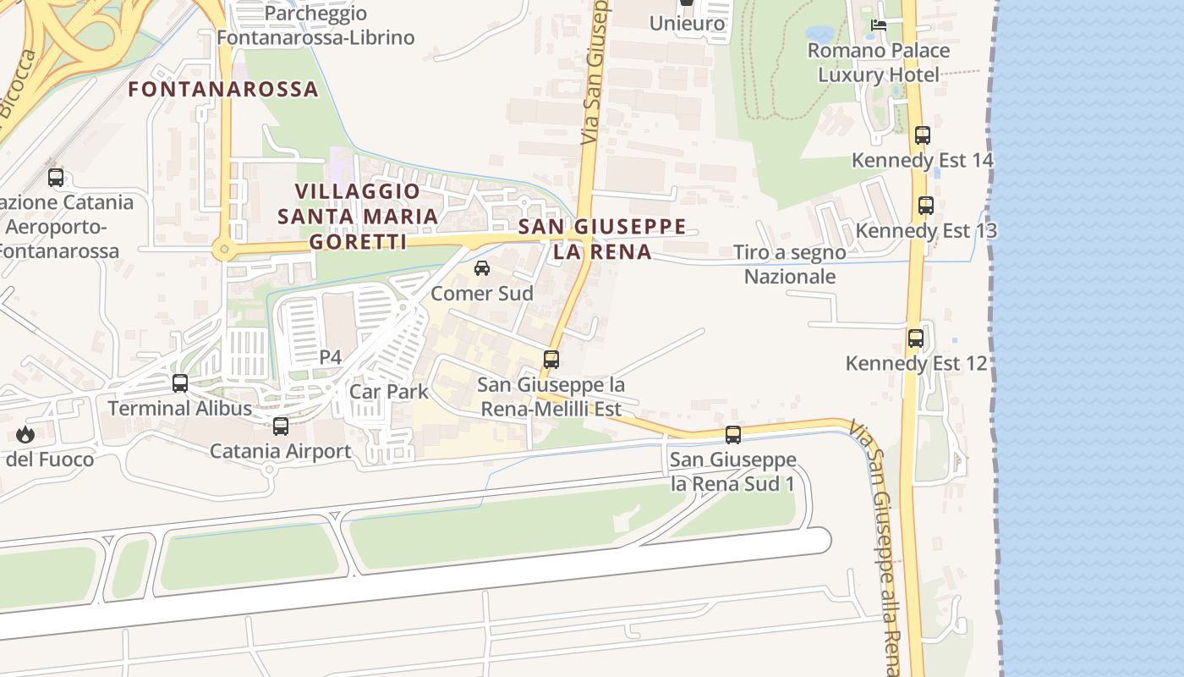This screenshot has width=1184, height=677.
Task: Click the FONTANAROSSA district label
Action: coord(223,89)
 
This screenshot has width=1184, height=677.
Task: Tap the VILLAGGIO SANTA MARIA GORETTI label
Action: coord(358,217)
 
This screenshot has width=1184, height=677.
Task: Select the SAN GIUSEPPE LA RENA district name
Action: coord(601,239)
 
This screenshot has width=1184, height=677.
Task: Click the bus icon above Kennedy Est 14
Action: coord(923,135)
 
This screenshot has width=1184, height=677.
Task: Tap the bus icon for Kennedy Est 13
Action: coord(926,206)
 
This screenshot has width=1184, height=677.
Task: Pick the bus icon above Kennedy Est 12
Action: coord(916,338)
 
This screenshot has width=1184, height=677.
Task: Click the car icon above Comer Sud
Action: coord(482,268)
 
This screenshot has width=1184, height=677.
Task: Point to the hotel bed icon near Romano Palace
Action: coord(879,25)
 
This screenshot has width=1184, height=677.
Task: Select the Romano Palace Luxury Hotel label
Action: coord(878,63)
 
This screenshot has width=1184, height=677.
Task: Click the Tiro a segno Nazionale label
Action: coord(789,264)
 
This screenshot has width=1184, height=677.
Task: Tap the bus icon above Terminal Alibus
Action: coord(180,383)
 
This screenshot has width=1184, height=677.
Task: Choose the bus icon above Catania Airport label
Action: coord(281,426)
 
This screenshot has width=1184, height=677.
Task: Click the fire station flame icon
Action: coord(25,435)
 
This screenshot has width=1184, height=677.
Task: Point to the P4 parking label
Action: coord(330,357)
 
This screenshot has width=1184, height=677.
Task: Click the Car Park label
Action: coord(389,392)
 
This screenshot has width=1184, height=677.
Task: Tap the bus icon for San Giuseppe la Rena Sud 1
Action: coord(733,435)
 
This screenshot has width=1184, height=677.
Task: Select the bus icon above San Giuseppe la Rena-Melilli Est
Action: coord(551,359)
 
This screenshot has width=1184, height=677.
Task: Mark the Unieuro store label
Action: coord(687,23)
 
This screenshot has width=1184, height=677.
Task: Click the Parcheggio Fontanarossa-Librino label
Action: coord(315,25)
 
